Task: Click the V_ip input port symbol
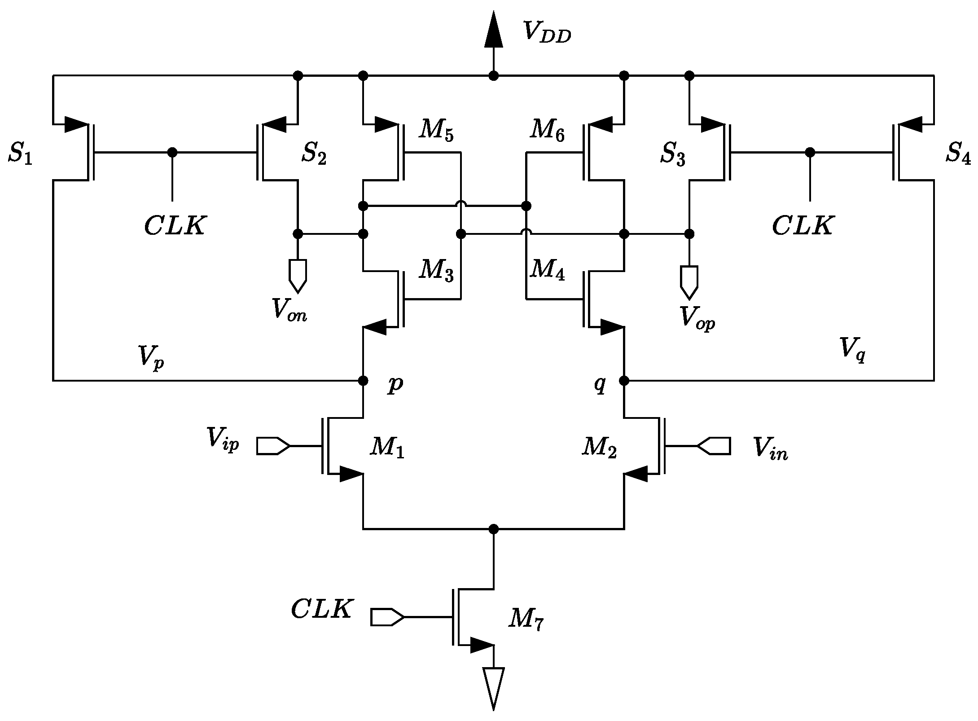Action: (273, 446)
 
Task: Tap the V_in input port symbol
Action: (714, 446)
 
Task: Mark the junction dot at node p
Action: (364, 381)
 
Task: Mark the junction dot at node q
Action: (624, 381)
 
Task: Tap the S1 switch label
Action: (20, 154)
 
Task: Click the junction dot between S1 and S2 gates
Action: (172, 152)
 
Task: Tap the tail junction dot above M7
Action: (493, 529)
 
